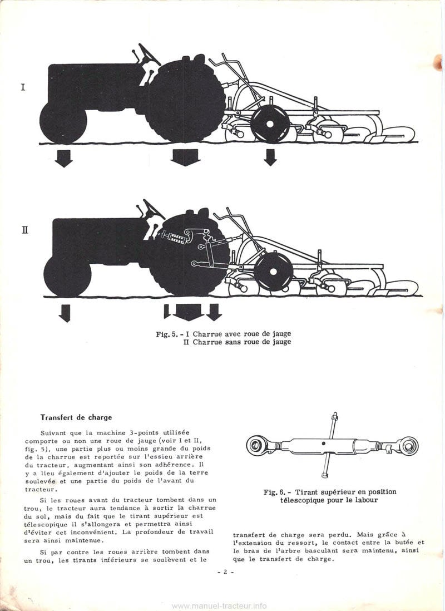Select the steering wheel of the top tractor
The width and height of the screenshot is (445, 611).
[149, 53]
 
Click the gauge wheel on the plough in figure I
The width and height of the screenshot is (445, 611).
[270, 124]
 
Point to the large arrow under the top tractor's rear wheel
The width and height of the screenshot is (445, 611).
[185, 157]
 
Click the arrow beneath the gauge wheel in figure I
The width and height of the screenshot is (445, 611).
[270, 157]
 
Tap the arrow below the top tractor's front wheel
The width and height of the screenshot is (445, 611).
[64, 158]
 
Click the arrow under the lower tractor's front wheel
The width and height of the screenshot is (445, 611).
[65, 313]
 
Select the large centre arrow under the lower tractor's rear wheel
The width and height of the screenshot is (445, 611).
[188, 312]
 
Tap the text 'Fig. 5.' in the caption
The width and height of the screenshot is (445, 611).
[167, 334]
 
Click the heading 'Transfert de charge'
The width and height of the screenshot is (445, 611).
[76, 417]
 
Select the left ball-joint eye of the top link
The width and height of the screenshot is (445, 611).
[258, 445]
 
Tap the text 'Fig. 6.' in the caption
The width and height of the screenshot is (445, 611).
[275, 492]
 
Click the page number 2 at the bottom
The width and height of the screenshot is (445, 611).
[225, 571]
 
